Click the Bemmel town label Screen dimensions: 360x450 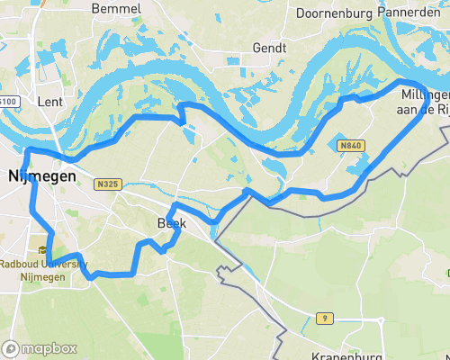[x=116, y=8]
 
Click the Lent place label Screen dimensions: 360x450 [x=49, y=102]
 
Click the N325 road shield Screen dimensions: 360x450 [x=106, y=184]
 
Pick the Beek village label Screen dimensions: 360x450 [x=170, y=222]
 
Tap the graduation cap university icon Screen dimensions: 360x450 [x=43, y=250]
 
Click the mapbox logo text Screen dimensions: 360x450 [x=49, y=348]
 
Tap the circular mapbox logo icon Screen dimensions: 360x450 [x=11, y=348]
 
